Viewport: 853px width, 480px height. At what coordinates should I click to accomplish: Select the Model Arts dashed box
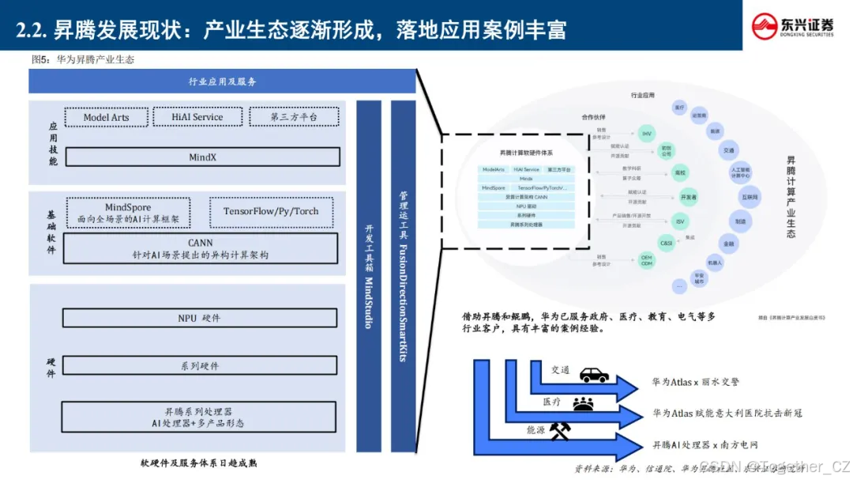pos(107,117)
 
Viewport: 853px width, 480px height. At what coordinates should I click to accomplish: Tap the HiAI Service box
pos(197,117)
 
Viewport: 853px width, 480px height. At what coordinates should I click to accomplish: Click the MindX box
pos(202,157)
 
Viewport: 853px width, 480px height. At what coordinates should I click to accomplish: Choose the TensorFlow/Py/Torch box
pos(271,212)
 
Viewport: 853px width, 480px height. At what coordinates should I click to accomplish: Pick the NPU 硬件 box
pos(199,318)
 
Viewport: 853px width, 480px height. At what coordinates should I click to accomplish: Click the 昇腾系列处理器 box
pos(199,417)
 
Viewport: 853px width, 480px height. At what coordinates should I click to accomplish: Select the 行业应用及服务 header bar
pos(222,81)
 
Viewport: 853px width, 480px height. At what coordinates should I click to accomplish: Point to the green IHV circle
pos(647,132)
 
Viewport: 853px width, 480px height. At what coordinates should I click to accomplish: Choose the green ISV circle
pos(678,222)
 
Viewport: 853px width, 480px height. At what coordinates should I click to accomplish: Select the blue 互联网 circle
pos(749,196)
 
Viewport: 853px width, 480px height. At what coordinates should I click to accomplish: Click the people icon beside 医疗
pos(584,403)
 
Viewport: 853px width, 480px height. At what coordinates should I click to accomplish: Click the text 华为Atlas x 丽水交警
pos(695,382)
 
